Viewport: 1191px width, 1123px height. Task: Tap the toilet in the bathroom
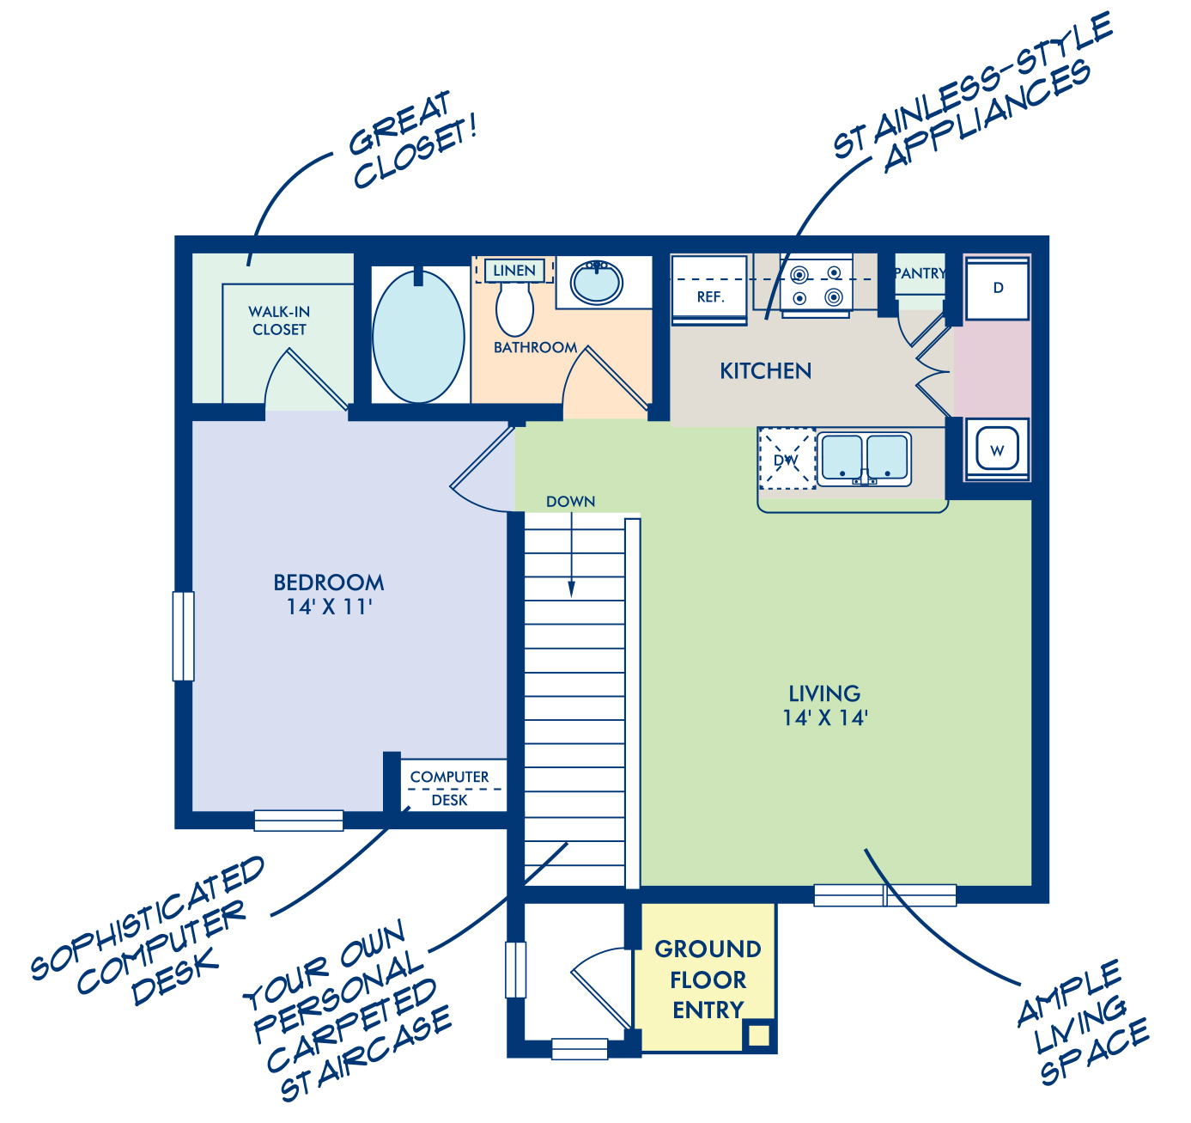[514, 308]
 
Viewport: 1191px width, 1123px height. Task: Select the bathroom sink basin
[596, 282]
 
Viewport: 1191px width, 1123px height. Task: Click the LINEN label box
[514, 271]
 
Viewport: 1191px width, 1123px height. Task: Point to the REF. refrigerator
[708, 290]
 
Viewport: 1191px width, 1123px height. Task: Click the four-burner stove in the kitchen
[816, 285]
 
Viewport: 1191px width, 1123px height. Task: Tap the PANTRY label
[920, 273]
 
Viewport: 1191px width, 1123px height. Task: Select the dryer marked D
[997, 289]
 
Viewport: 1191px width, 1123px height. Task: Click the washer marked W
[997, 449]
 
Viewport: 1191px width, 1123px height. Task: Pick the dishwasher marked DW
[787, 459]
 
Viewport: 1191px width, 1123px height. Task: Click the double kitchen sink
[864, 459]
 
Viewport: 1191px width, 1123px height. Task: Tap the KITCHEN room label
[765, 371]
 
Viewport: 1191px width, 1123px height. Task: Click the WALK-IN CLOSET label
[279, 320]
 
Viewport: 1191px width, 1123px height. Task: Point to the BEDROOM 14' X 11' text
[329, 595]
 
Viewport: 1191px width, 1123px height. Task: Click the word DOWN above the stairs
[570, 501]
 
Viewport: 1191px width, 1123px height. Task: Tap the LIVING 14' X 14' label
[824, 705]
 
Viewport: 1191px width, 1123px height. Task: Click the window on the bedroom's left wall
[184, 636]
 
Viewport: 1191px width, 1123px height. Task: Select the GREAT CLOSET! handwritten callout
[412, 139]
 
